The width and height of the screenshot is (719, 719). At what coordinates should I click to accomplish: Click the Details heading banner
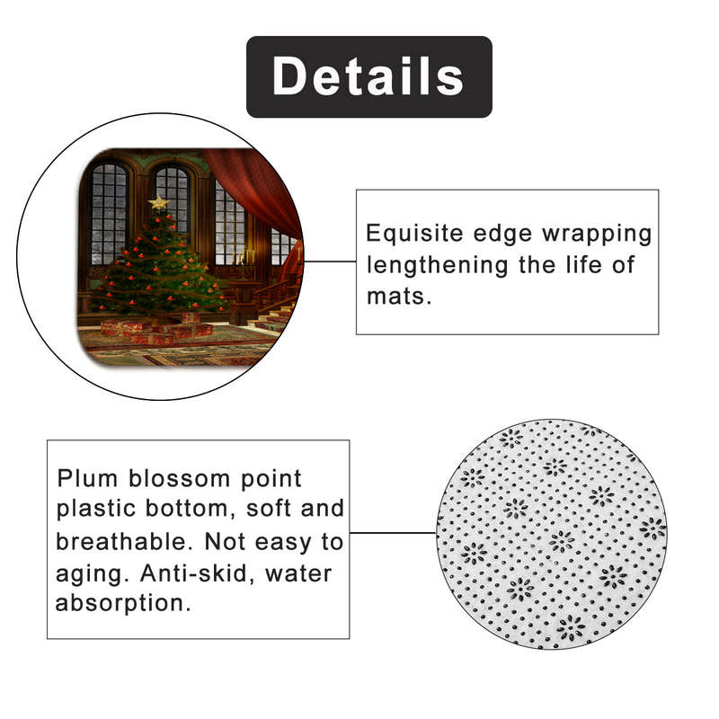click(x=369, y=76)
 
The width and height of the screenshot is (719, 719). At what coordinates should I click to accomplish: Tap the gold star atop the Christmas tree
click(x=159, y=202)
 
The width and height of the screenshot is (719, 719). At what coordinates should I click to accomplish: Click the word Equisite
click(x=414, y=234)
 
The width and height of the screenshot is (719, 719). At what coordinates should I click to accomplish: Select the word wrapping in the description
click(x=597, y=235)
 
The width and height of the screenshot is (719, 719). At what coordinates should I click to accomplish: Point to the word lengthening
click(x=438, y=266)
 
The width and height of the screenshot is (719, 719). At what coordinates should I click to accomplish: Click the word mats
click(x=399, y=297)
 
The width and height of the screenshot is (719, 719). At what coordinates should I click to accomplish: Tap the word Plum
click(x=87, y=479)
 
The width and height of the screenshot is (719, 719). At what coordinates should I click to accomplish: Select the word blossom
click(x=179, y=479)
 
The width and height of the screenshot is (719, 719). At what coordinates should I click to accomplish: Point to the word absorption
click(x=123, y=603)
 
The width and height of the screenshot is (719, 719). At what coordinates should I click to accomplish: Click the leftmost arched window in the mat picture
click(x=109, y=214)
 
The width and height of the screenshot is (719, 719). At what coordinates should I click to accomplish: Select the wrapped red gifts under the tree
click(x=155, y=328)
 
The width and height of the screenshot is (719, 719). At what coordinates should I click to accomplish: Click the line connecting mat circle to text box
click(x=330, y=262)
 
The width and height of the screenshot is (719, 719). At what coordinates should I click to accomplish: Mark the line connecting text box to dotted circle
click(x=393, y=533)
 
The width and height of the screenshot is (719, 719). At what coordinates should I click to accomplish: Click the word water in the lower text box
click(x=298, y=573)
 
